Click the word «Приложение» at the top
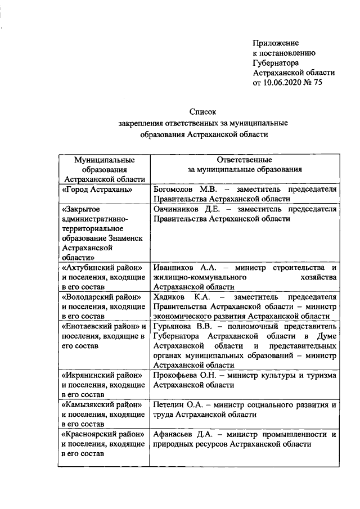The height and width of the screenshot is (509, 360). tap(276, 43)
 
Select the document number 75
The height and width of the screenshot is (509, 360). tap(318, 83)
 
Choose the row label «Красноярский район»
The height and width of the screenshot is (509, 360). tap(101, 434)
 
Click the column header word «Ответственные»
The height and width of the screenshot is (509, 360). tap(245, 159)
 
